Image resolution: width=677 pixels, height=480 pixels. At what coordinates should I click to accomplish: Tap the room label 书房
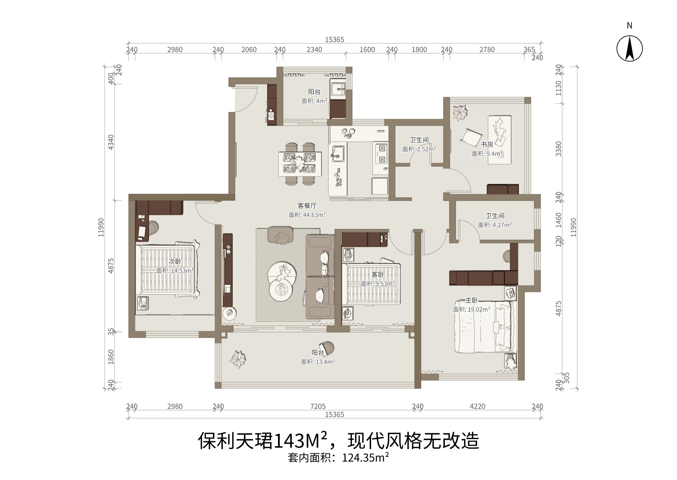pyautogui.click(x=487, y=144)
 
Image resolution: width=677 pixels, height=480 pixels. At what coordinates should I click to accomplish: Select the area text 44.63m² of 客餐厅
pyautogui.click(x=314, y=215)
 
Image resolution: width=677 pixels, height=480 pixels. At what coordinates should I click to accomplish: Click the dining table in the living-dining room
pyautogui.click(x=300, y=164)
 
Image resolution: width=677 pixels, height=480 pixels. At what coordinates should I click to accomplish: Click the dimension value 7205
pyautogui.click(x=318, y=406)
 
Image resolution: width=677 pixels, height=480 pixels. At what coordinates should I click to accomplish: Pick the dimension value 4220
pyautogui.click(x=477, y=406)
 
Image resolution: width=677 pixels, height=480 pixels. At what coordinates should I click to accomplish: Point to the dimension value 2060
pyautogui.click(x=249, y=50)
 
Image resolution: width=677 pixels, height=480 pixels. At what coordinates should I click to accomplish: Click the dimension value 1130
pyautogui.click(x=558, y=88)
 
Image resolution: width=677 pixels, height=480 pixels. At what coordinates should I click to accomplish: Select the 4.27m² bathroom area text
pyautogui.click(x=501, y=225)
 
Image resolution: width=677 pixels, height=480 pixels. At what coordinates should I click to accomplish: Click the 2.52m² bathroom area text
pyautogui.click(x=426, y=149)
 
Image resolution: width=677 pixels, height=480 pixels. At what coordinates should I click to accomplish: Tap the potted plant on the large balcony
pyautogui.click(x=238, y=359)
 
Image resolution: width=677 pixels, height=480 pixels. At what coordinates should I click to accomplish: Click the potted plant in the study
pyautogui.click(x=460, y=113)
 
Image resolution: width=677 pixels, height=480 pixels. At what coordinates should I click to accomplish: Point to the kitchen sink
pyautogui.click(x=338, y=154)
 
